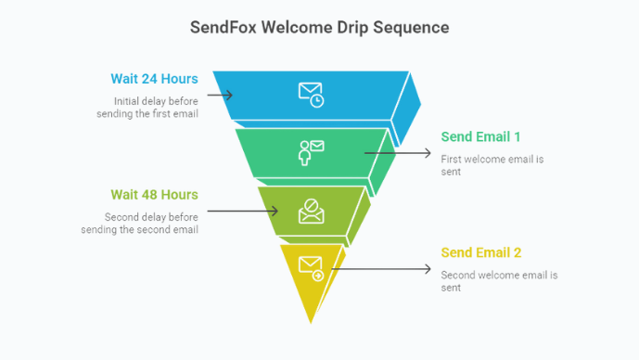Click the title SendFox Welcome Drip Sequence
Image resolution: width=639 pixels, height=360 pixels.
[319, 28]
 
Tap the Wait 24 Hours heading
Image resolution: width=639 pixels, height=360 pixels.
[154, 79]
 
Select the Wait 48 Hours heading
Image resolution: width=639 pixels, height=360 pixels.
[154, 195]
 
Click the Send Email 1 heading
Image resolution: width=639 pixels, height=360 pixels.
[480, 137]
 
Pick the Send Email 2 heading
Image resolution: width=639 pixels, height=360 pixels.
[480, 253]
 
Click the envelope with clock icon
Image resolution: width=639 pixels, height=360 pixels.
[311, 94]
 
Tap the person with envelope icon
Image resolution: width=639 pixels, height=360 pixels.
[311, 151]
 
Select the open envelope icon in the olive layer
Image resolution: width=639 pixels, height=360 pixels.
[311, 210]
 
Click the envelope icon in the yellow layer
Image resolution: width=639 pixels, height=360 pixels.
[311, 268]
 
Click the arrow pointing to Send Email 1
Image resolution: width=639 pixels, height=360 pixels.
[399, 152]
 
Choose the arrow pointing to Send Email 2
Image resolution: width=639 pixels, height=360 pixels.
[380, 269]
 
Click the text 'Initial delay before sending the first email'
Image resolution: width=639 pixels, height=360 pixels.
[148, 107]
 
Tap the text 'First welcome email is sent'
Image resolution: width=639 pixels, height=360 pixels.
[492, 165]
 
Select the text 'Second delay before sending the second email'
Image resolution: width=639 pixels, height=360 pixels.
[150, 223]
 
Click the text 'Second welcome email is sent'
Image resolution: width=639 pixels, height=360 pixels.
[499, 281]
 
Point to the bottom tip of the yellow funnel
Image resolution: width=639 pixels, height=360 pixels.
[312, 321]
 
